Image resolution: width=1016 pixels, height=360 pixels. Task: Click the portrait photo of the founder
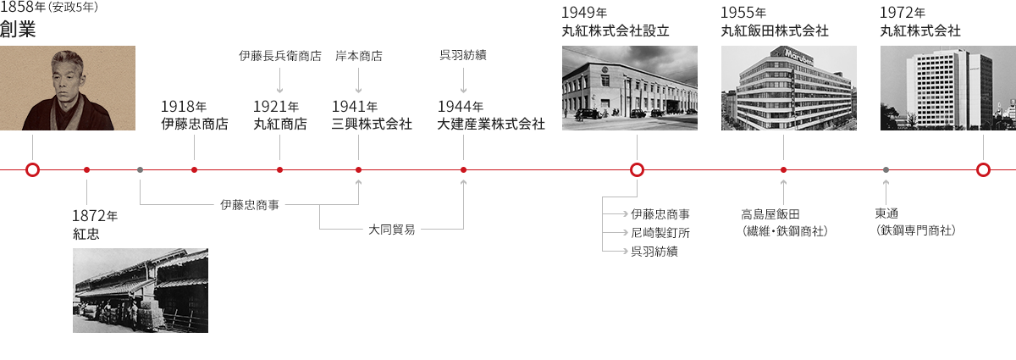click(x=68, y=87)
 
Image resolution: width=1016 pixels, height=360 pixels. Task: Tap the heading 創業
click(x=18, y=30)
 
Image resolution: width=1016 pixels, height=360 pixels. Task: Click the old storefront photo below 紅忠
click(x=141, y=290)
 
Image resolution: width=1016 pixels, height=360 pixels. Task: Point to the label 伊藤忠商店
click(x=194, y=124)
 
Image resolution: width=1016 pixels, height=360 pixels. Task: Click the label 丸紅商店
click(x=280, y=124)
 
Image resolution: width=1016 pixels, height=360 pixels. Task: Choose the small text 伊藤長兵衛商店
click(x=280, y=57)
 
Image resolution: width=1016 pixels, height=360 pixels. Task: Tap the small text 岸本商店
click(x=359, y=57)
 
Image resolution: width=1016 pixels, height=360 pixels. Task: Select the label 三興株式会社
click(x=372, y=124)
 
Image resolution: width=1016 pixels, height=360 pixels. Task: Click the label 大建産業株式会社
click(x=491, y=124)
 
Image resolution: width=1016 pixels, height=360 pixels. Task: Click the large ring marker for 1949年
click(x=637, y=169)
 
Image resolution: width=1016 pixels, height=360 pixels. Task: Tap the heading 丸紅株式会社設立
click(x=616, y=31)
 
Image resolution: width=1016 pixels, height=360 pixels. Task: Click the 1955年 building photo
click(x=788, y=87)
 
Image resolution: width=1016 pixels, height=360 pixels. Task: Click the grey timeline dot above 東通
click(x=886, y=169)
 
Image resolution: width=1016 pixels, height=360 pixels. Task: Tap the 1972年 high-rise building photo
click(x=947, y=87)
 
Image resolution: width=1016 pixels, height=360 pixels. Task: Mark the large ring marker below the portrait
click(x=32, y=169)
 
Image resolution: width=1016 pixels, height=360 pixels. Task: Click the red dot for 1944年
click(x=463, y=169)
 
